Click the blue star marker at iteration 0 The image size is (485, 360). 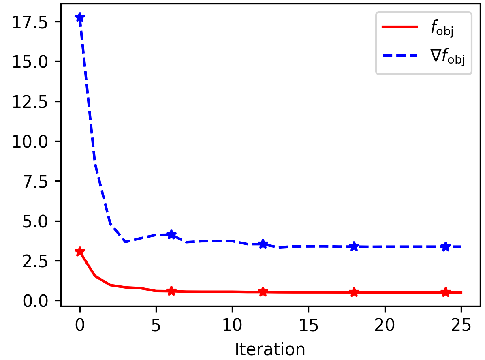[x=80, y=17]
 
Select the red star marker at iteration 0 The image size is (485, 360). [x=80, y=251]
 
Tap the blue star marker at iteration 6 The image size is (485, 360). [x=171, y=234]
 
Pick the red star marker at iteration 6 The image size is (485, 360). [x=171, y=291]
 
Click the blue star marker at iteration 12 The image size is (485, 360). [x=263, y=244]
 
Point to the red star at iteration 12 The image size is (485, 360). [x=263, y=291]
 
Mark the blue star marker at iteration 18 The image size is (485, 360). [x=354, y=246]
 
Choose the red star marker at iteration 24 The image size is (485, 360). [x=446, y=292]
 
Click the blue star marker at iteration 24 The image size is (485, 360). [x=446, y=246]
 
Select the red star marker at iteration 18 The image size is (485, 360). [x=354, y=292]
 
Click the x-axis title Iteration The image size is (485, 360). [x=270, y=349]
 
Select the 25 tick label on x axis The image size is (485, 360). [x=461, y=325]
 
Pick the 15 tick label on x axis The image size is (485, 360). [x=308, y=325]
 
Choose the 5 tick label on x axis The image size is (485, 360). [x=156, y=325]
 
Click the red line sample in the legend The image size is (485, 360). [x=400, y=27]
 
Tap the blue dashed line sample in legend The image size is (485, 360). [x=400, y=56]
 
